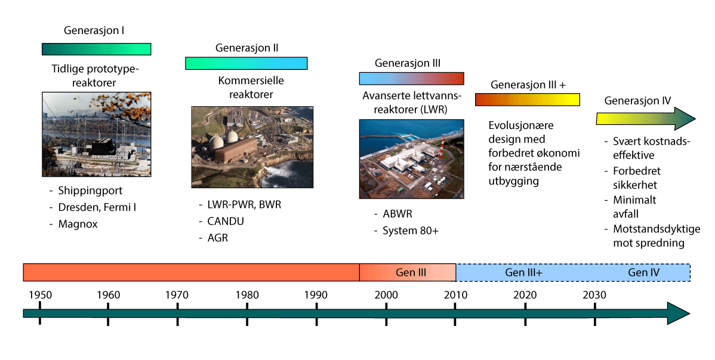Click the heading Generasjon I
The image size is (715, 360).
click(x=94, y=30)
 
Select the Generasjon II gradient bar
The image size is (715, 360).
click(x=246, y=63)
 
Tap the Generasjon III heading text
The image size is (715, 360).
click(x=408, y=63)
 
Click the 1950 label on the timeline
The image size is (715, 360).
click(x=39, y=295)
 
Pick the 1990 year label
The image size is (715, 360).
click(x=316, y=295)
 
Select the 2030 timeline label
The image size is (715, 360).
click(x=594, y=295)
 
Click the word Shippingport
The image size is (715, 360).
click(x=90, y=192)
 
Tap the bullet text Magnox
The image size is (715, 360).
click(x=78, y=224)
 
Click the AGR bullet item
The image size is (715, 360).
click(x=218, y=238)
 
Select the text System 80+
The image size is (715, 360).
click(x=410, y=231)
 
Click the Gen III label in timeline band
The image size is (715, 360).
click(x=411, y=272)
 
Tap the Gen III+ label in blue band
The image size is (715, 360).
click(x=523, y=272)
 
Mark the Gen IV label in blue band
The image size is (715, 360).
click(x=643, y=272)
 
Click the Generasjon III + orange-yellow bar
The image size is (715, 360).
click(x=528, y=100)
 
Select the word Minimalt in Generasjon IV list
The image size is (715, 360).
click(x=634, y=200)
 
